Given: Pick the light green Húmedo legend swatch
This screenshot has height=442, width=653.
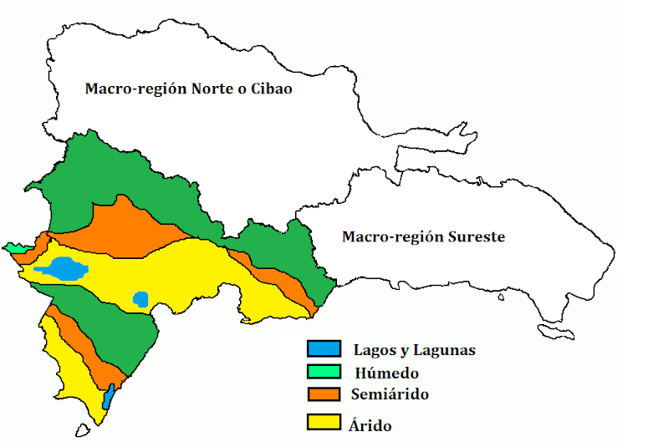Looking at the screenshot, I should (x=324, y=371).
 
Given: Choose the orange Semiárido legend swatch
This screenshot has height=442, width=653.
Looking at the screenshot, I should (x=324, y=393).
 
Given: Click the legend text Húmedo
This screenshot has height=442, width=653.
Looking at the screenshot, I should (x=386, y=373).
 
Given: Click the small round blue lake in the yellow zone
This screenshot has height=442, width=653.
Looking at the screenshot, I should (x=140, y=298).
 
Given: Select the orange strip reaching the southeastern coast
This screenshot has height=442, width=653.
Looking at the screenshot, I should (x=284, y=281).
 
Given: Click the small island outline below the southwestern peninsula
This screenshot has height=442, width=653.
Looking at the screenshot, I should (x=81, y=432).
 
